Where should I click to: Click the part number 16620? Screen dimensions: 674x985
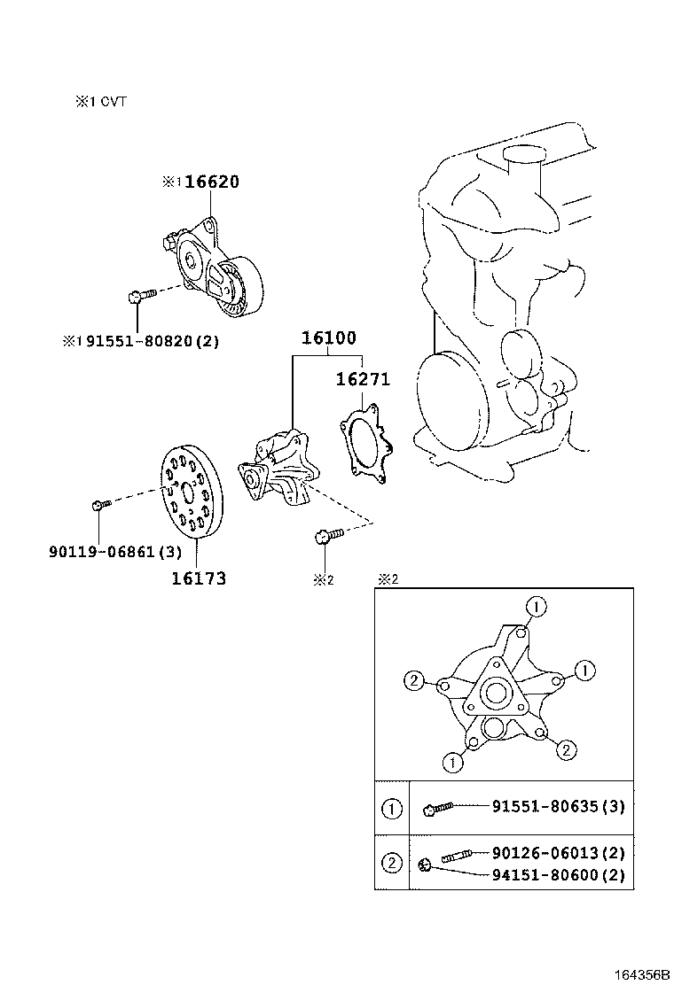[212, 182]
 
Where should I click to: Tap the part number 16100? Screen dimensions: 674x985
[328, 338]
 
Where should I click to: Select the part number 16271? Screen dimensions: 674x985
[363, 379]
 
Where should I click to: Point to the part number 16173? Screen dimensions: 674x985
[199, 578]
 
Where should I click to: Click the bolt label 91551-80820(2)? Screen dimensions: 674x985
[153, 342]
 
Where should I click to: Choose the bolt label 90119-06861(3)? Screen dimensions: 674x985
[115, 552]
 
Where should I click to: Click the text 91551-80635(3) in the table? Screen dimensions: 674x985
[559, 806]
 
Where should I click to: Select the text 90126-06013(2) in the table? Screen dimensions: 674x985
[559, 852]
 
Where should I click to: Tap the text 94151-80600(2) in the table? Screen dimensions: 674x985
[559, 874]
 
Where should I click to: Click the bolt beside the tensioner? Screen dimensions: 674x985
[142, 295]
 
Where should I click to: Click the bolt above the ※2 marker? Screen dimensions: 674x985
[329, 535]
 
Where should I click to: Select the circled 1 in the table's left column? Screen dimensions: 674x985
[392, 809]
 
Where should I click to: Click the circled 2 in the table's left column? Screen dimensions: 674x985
[392, 863]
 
